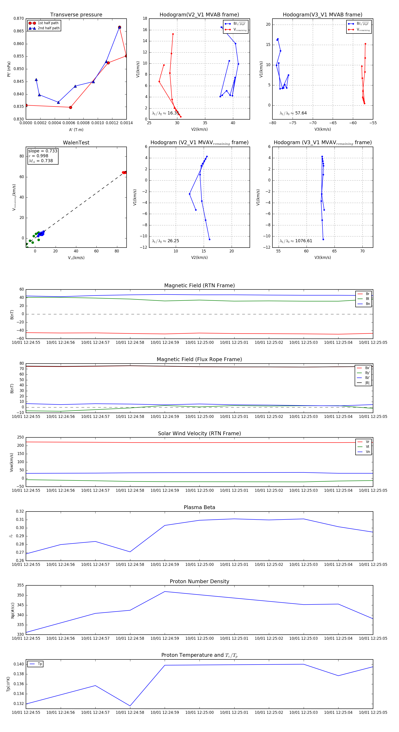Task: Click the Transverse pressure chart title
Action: point(76,14)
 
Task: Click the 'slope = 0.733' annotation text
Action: point(43,151)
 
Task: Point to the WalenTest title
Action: point(76,143)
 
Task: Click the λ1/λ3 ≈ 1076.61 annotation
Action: point(296,241)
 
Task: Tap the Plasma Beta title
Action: point(199,507)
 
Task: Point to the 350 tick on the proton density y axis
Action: point(20,595)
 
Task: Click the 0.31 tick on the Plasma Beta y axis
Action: point(20,519)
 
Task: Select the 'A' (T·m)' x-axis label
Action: point(76,130)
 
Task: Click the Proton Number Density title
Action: point(199,581)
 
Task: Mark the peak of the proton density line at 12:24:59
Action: point(165,592)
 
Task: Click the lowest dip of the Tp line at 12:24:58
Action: point(130,706)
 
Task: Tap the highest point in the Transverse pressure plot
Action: point(119,27)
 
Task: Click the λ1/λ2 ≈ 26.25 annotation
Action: point(165,241)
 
